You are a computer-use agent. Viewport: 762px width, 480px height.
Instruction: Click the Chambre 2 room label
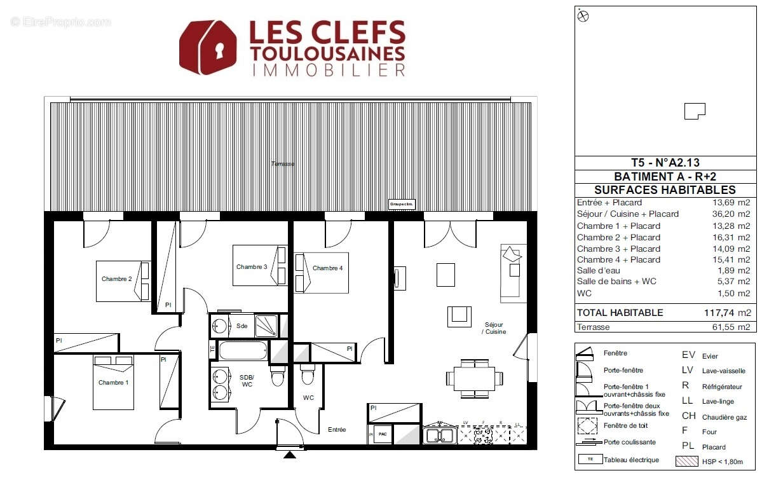(116, 279)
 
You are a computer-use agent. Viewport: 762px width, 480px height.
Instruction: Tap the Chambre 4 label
(327, 268)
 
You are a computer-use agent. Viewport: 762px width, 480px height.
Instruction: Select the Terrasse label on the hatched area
(282, 164)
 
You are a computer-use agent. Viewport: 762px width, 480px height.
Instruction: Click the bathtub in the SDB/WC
(243, 350)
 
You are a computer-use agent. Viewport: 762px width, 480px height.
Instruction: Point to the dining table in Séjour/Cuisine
(473, 379)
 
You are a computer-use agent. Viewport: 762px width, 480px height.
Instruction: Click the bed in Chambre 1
(114, 383)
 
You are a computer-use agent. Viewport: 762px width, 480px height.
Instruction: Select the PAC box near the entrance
(383, 435)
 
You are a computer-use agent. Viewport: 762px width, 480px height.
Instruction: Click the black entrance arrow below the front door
(290, 454)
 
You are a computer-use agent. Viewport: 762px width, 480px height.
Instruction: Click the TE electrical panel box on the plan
(212, 348)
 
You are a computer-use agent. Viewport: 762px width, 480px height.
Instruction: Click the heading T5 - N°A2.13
(665, 163)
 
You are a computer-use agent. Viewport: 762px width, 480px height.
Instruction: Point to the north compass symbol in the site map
(583, 17)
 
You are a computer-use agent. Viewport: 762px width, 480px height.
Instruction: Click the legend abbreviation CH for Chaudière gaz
(688, 416)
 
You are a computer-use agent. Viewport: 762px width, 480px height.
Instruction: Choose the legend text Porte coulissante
(630, 442)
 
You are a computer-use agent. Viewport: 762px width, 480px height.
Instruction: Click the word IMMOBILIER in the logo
(329, 70)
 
